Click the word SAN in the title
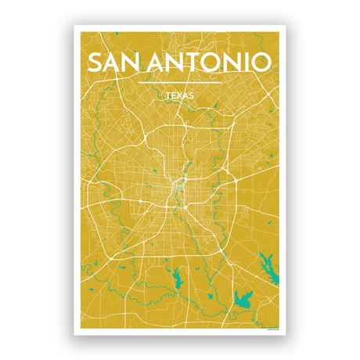pos(114,62)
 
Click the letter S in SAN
pos(95,62)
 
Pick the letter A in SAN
pos(113,62)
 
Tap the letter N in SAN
pos(133,62)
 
